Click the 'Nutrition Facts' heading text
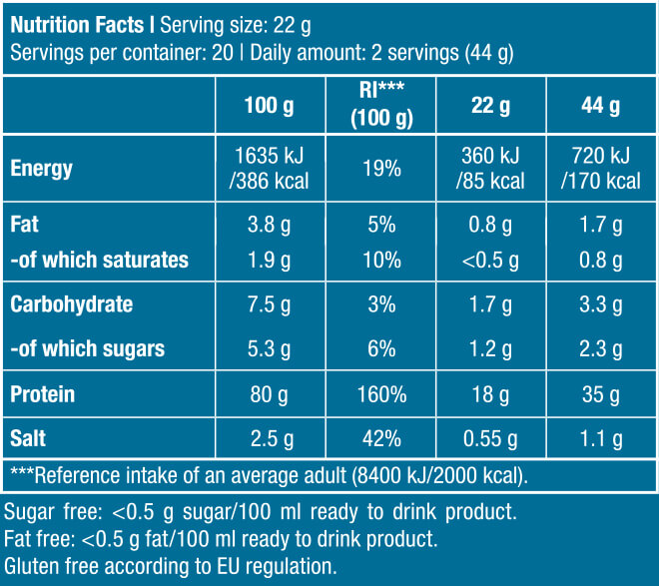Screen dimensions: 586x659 (77, 23)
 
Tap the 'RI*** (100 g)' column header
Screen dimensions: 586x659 (380, 105)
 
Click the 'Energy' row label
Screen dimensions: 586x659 (41, 168)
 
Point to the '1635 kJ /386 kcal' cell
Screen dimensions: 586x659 (270, 168)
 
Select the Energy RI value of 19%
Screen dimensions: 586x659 (380, 168)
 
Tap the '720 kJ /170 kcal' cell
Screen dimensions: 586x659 (600, 168)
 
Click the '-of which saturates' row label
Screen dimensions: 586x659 (99, 261)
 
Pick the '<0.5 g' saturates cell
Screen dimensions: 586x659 (490, 261)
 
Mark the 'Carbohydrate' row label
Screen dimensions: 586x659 (71, 303)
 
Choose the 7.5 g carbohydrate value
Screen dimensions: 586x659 (270, 303)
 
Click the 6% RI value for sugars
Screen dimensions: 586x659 (380, 348)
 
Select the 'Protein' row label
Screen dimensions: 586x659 (42, 394)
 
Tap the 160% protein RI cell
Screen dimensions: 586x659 (380, 394)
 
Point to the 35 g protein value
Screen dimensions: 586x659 (600, 394)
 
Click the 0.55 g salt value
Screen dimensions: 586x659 (490, 437)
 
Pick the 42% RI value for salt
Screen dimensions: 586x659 (380, 437)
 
